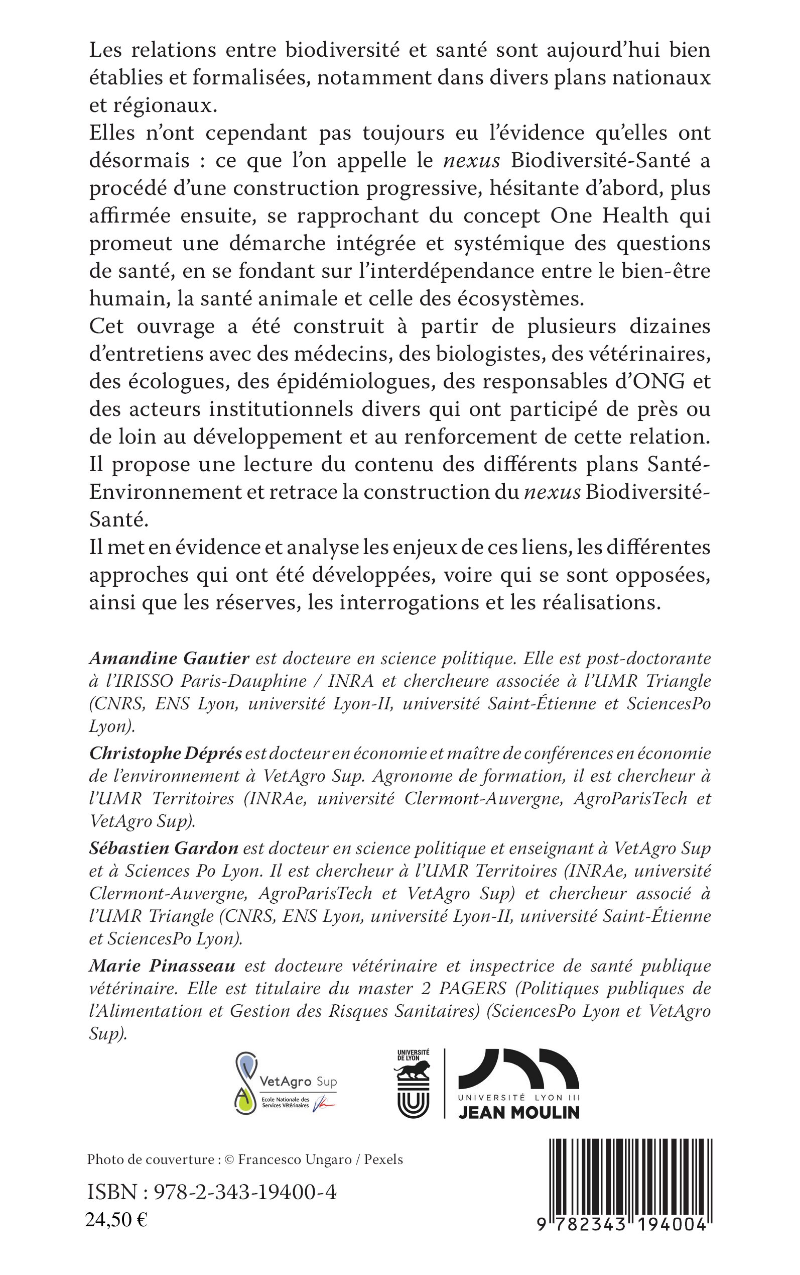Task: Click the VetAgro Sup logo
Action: (286, 1083)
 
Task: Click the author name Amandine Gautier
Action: (169, 658)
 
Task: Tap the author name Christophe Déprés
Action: (166, 753)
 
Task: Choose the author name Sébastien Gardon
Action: (164, 847)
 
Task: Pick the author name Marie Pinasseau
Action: (162, 966)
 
